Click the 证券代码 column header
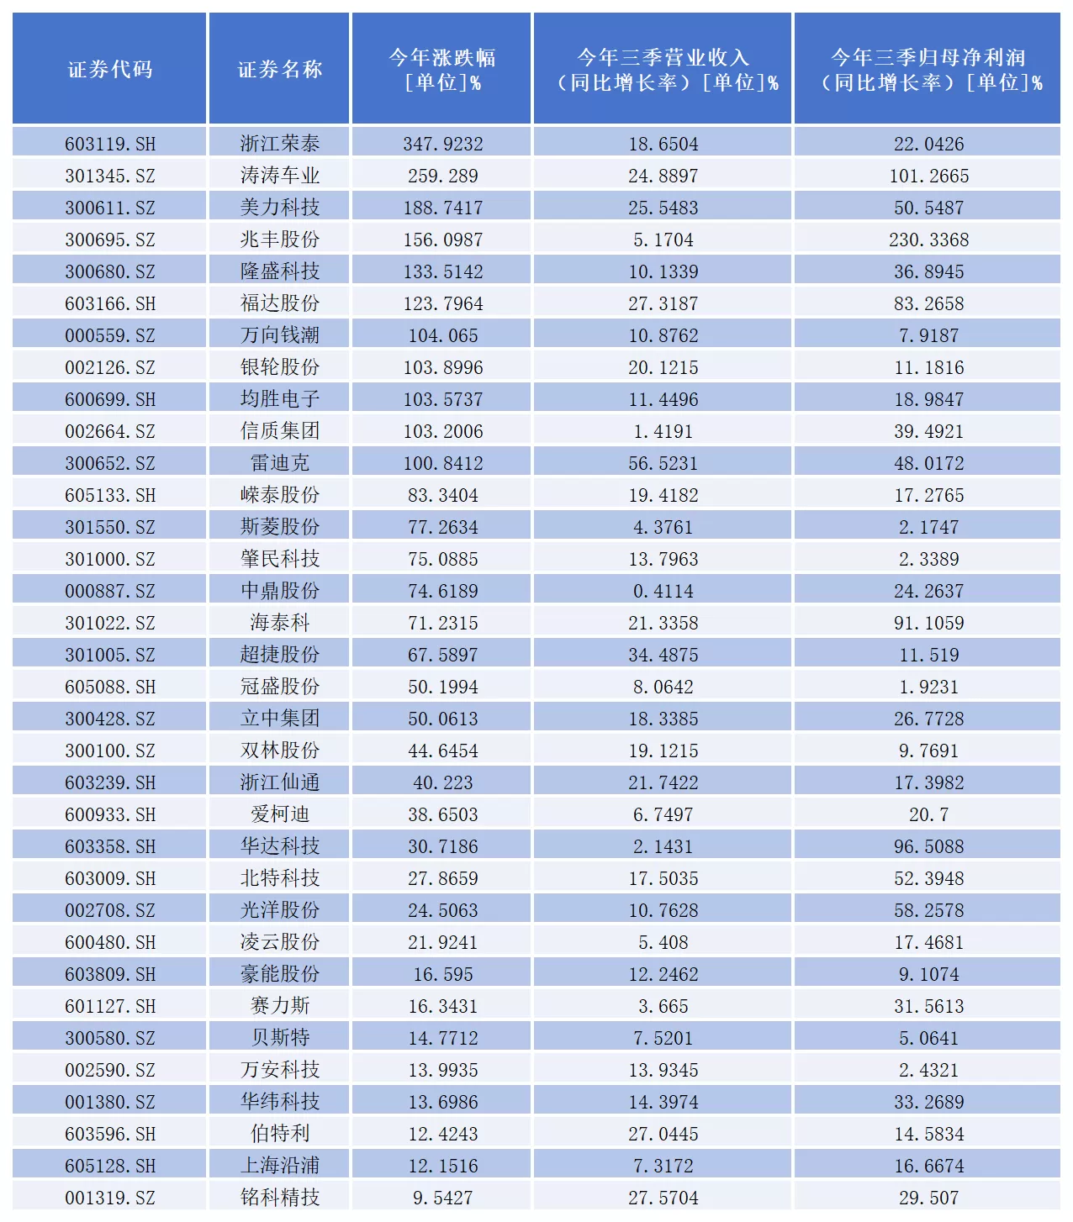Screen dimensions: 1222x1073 pyautogui.click(x=110, y=69)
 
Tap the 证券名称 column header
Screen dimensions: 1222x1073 pyautogui.click(x=280, y=69)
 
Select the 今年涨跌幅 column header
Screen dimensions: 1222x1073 pyautogui.click(x=442, y=69)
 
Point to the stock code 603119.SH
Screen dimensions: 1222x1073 pyautogui.click(x=110, y=144)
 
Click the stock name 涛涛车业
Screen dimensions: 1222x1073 pyautogui.click(x=280, y=176)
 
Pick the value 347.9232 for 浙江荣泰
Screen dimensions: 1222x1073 pyautogui.click(x=442, y=144)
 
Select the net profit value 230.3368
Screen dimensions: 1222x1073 pyautogui.click(x=928, y=240)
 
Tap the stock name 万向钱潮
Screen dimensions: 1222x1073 pyautogui.click(x=280, y=335)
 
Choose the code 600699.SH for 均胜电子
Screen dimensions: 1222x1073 pyautogui.click(x=110, y=399)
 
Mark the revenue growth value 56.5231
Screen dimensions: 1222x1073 pyautogui.click(x=663, y=463)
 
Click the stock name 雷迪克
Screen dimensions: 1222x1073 pyautogui.click(x=280, y=463)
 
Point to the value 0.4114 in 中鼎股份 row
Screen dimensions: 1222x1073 pyautogui.click(x=663, y=591)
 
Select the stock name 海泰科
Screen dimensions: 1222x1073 pyautogui.click(x=280, y=623)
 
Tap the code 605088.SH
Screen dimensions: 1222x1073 pyautogui.click(x=110, y=687)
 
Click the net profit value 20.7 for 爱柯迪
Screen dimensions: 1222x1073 pyautogui.click(x=928, y=814)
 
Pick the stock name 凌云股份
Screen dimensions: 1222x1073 pyautogui.click(x=280, y=942)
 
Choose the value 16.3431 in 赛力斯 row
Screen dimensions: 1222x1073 pyautogui.click(x=442, y=1006)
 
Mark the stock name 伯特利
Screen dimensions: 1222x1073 pyautogui.click(x=280, y=1134)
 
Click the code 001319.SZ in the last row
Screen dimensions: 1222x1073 pyautogui.click(x=110, y=1198)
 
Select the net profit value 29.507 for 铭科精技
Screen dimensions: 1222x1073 pyautogui.click(x=928, y=1198)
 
